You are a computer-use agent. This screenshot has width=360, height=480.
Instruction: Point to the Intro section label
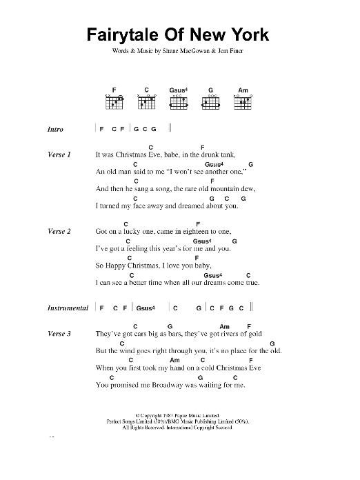[x=56, y=129]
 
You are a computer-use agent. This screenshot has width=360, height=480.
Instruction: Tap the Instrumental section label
[x=68, y=308]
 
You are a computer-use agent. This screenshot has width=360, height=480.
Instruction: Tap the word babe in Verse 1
[x=168, y=155]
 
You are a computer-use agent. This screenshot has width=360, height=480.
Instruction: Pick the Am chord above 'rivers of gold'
[x=223, y=326]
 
